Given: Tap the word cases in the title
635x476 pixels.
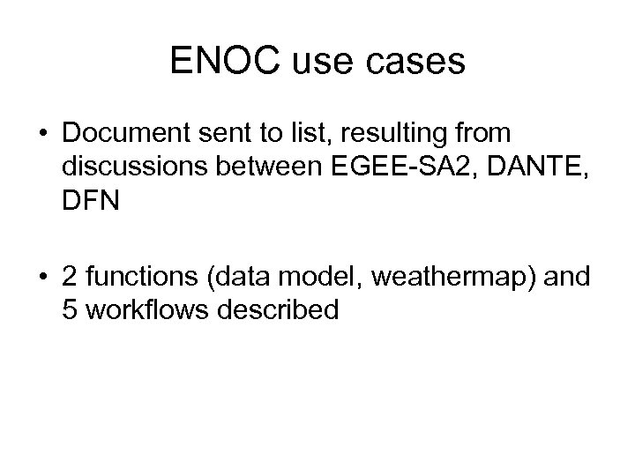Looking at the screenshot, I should click(420, 61).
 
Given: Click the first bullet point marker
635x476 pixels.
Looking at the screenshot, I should click(44, 135).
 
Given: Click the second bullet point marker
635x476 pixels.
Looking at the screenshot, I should click(44, 279).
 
